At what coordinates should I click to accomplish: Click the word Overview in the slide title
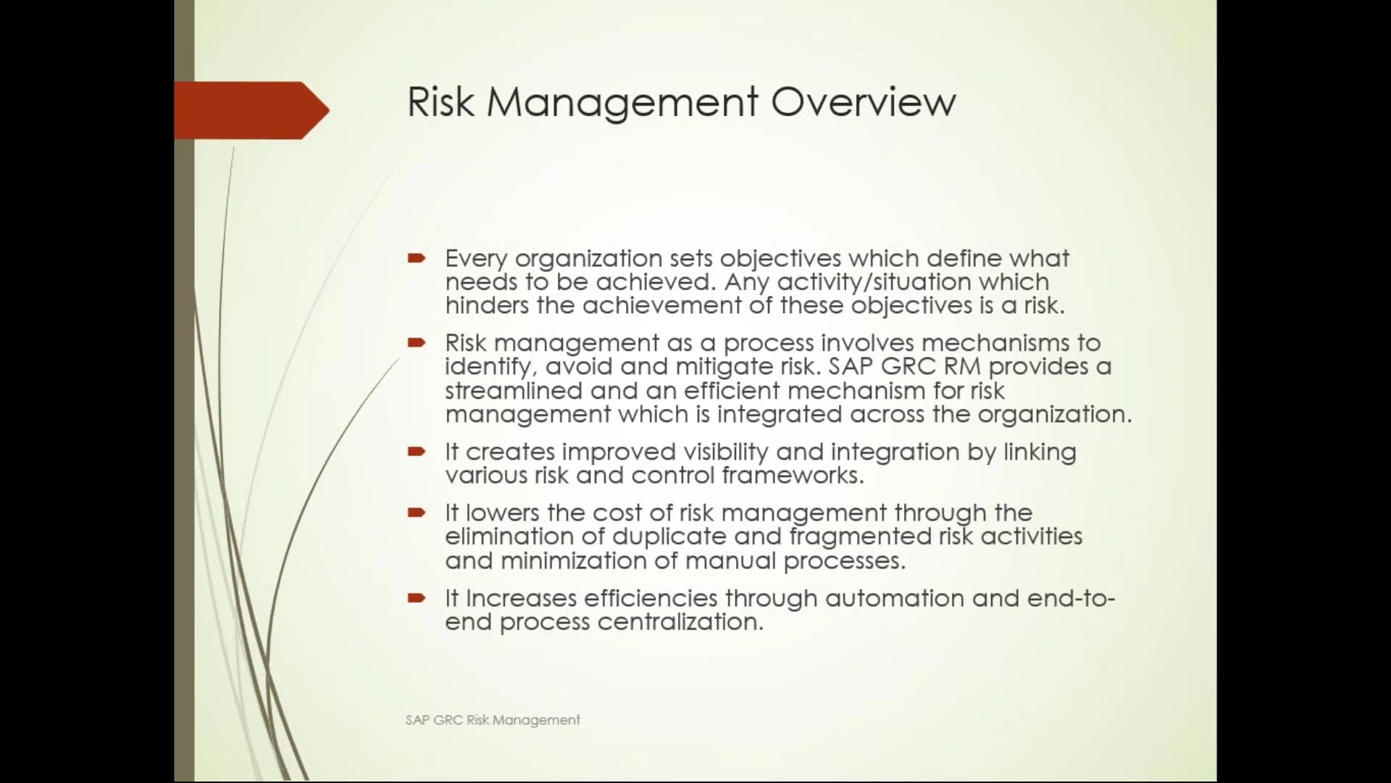click(x=863, y=101)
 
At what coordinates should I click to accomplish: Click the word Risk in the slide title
click(x=440, y=101)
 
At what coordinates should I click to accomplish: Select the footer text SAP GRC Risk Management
click(x=493, y=720)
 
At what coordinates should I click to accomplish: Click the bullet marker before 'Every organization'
click(x=417, y=258)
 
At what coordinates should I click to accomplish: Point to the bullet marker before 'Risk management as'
click(x=417, y=342)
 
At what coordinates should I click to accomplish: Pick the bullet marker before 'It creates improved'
click(x=417, y=452)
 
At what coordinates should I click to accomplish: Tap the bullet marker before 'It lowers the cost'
click(x=417, y=513)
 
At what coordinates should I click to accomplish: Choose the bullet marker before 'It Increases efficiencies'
click(x=417, y=598)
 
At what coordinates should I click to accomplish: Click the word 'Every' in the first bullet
click(x=476, y=259)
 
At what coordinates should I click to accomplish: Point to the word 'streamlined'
click(x=514, y=391)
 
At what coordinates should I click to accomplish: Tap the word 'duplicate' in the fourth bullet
click(x=669, y=536)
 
